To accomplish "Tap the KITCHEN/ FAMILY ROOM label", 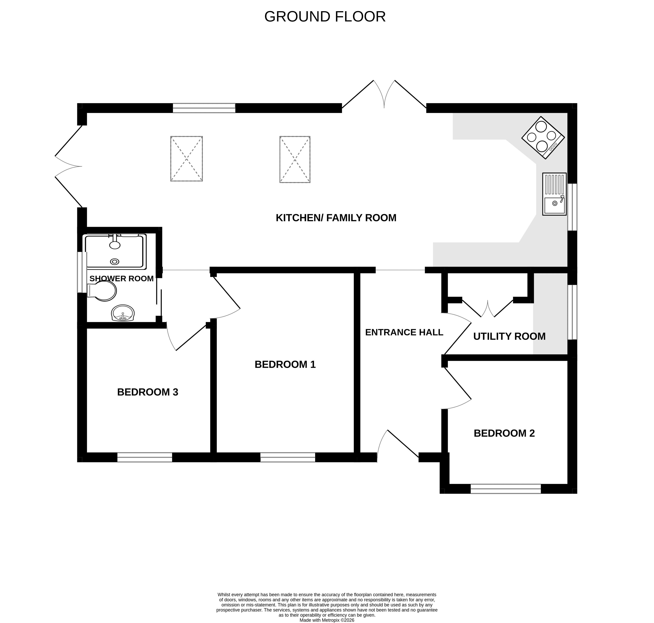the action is (336, 218).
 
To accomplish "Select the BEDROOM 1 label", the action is (285, 364).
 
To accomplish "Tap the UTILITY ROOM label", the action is (509, 336).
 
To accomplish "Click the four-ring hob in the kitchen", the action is (543, 137).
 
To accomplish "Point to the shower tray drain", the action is (115, 262).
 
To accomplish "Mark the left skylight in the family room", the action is (186, 159).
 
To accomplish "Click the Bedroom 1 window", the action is (288, 457).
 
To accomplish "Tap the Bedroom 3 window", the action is (145, 457).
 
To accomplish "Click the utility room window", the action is (572, 312).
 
